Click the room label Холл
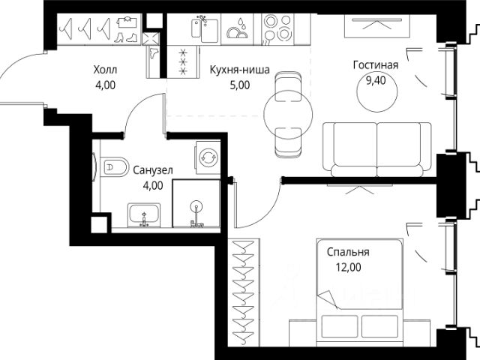(105, 70)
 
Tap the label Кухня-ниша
(240, 70)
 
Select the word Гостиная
(376, 65)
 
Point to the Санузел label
(153, 170)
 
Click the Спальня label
(348, 252)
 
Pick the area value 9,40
(376, 80)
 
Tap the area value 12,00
(348, 267)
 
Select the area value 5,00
(240, 85)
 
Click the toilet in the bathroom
(114, 166)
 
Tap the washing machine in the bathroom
(208, 157)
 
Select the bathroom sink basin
(143, 215)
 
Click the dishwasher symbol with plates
(237, 28)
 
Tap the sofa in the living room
(376, 150)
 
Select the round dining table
(288, 114)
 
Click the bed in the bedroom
(360, 292)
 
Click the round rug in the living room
(377, 91)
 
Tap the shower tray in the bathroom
(196, 203)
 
